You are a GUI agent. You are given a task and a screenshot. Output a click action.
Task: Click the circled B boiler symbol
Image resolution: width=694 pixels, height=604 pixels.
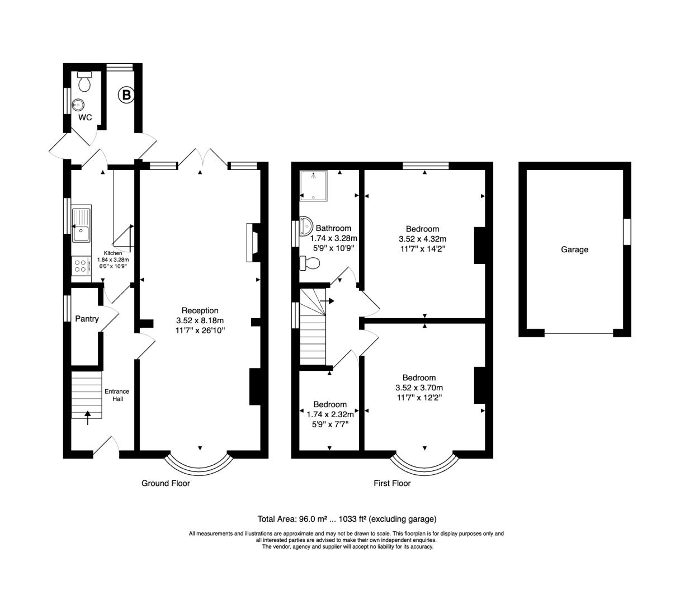[x=126, y=95]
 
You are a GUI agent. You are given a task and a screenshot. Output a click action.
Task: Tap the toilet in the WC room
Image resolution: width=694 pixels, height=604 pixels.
[x=84, y=81]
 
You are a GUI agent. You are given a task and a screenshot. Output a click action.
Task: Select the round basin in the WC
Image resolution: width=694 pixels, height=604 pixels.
[x=78, y=105]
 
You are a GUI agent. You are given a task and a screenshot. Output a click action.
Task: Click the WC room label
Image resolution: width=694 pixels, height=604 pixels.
[x=85, y=117]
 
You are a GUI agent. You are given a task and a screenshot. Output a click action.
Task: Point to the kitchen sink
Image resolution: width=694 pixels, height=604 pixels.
[x=81, y=224]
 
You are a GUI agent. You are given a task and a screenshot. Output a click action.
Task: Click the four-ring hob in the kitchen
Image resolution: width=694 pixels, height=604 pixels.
[x=81, y=266]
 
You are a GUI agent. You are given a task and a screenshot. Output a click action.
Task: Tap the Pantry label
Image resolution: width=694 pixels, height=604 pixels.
[x=87, y=319]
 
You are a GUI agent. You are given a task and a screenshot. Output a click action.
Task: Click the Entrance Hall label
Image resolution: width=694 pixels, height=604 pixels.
[x=117, y=395]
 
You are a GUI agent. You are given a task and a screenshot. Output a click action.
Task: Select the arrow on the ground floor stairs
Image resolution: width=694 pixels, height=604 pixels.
[x=88, y=417]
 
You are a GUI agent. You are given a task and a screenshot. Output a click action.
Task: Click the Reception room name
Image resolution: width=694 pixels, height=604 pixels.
[x=200, y=310]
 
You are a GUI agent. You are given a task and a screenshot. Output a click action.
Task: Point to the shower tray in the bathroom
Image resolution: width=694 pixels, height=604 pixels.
[x=313, y=186]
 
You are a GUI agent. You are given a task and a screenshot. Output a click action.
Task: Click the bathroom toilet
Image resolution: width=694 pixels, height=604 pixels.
[x=310, y=262]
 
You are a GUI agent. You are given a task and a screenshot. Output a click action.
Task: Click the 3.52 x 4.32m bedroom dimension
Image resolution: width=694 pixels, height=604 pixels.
[x=422, y=239]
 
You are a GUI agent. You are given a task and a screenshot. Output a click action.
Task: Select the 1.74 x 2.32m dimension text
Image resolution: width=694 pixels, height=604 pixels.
[x=330, y=414]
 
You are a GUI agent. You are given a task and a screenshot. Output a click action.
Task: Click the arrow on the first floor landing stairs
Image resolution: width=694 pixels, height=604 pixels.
[x=327, y=301]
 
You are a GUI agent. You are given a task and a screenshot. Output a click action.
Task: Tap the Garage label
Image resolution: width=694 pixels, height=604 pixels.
[x=574, y=249]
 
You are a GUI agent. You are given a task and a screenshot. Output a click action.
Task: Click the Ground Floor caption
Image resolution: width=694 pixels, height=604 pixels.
[x=166, y=483]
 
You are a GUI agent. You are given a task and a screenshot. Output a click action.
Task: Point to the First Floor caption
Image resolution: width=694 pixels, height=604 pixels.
[x=392, y=483]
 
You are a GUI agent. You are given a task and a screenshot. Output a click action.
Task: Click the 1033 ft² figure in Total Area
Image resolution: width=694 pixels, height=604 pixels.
[x=352, y=519]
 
